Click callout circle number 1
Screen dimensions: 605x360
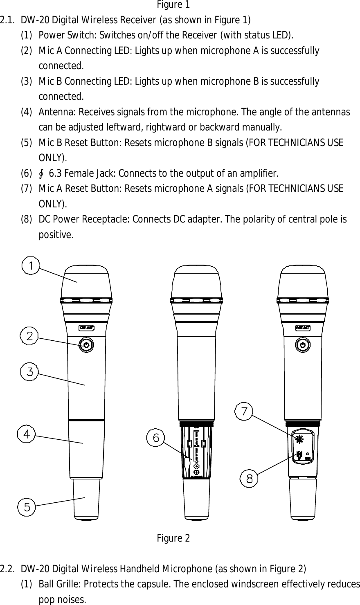[31, 266]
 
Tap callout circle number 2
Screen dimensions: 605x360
[29, 336]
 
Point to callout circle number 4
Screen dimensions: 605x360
[26, 434]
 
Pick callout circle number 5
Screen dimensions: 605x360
[27, 507]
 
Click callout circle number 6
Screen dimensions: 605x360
[156, 437]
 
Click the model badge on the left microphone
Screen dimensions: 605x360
[86, 327]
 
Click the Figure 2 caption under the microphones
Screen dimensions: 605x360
[173, 538]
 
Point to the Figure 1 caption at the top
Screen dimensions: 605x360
[173, 4]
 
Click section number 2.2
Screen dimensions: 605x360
[8, 569]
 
